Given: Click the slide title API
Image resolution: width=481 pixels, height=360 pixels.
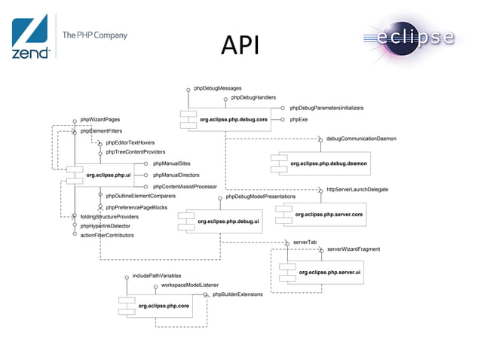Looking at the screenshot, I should pos(240,44).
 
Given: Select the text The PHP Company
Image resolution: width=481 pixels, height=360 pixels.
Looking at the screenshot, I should pos(94,35).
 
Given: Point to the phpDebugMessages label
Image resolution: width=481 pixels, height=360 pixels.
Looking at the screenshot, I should pos(218,89).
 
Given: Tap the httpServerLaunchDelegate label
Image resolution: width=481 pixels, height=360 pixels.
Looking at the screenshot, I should pos(357,190).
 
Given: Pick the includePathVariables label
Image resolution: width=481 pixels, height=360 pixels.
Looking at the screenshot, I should pos(157,276).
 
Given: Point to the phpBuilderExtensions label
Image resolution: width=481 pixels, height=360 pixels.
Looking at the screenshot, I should pos(237,294).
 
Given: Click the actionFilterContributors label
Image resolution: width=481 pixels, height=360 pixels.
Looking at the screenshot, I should pos(107,235).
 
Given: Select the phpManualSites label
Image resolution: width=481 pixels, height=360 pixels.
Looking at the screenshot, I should pos(171,163).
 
